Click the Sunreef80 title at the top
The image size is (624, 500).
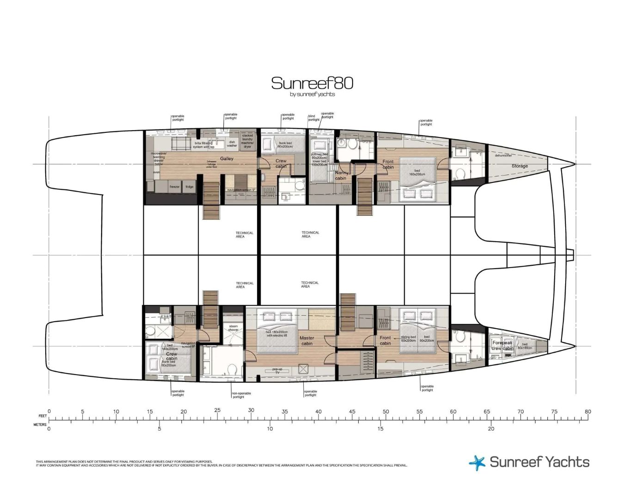pyautogui.click(x=312, y=83)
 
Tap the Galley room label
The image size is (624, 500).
pyautogui.click(x=226, y=158)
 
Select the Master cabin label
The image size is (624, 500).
pyautogui.click(x=306, y=341)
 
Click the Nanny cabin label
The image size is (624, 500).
pyautogui.click(x=341, y=175)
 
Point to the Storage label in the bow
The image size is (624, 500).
pyautogui.click(x=519, y=166)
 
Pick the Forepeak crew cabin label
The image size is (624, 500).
pyautogui.click(x=502, y=346)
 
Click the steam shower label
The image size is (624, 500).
pyautogui.click(x=233, y=328)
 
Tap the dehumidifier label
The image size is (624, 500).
pyautogui.click(x=503, y=156)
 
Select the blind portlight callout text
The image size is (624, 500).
pyautogui.click(x=314, y=118)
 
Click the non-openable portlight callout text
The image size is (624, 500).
pyautogui.click(x=241, y=395)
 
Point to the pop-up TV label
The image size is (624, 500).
pyautogui.click(x=277, y=371)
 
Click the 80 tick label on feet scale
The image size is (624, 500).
pyautogui.click(x=587, y=412)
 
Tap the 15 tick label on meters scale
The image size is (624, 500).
pyautogui.click(x=380, y=429)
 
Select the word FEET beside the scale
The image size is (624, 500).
pyautogui.click(x=43, y=416)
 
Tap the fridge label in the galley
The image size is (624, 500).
pyautogui.click(x=190, y=187)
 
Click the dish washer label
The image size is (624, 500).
pyautogui.click(x=232, y=144)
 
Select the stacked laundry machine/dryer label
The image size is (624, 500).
pyautogui.click(x=247, y=141)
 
